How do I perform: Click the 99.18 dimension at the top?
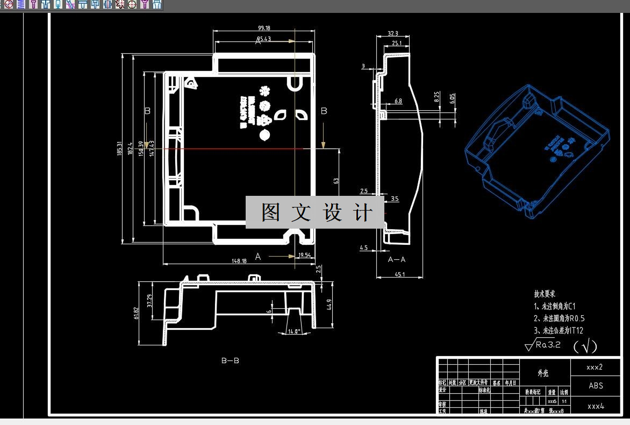click(x=264, y=28)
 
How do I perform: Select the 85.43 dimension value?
click(x=263, y=39)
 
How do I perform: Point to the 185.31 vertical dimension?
click(x=120, y=148)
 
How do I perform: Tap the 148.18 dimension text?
click(x=239, y=261)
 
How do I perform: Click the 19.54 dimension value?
click(x=304, y=255)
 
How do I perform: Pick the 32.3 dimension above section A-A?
click(x=392, y=34)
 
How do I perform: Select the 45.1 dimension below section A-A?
click(x=399, y=274)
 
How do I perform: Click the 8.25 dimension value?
click(x=437, y=97)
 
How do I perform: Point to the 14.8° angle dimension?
click(x=293, y=331)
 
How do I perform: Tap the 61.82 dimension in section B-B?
click(x=137, y=313)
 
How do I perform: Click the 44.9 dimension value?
click(x=329, y=304)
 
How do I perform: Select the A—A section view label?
click(x=397, y=259)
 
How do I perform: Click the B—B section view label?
click(x=230, y=360)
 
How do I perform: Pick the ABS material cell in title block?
click(x=596, y=386)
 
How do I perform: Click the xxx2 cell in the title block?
click(x=595, y=367)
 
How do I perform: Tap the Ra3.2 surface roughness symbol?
click(x=543, y=345)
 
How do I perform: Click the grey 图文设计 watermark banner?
click(x=315, y=212)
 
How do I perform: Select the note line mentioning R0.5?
click(x=559, y=318)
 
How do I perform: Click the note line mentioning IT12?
click(x=559, y=330)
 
